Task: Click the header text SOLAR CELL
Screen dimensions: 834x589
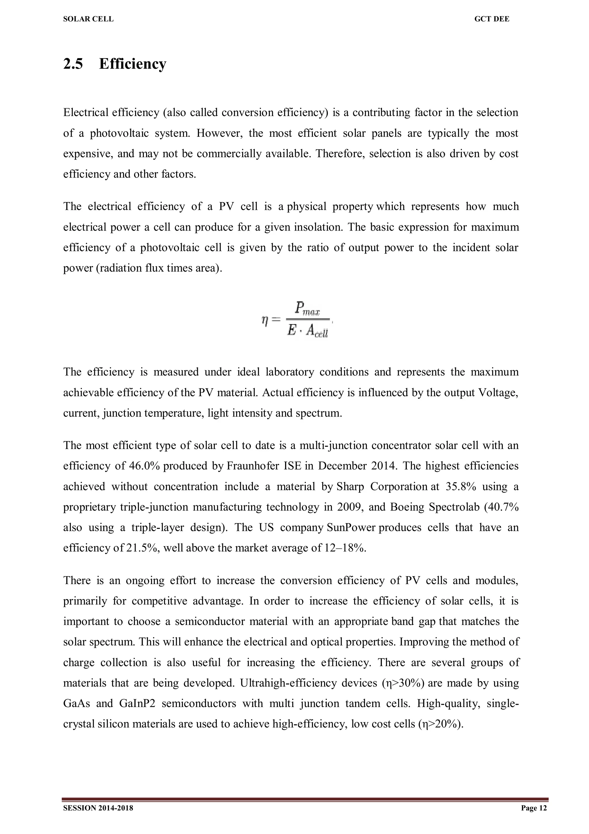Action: pos(88,19)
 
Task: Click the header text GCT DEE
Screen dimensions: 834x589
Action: pos(492,19)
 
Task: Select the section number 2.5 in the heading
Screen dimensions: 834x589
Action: pos(73,64)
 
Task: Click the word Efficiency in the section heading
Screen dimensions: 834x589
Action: pos(133,64)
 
